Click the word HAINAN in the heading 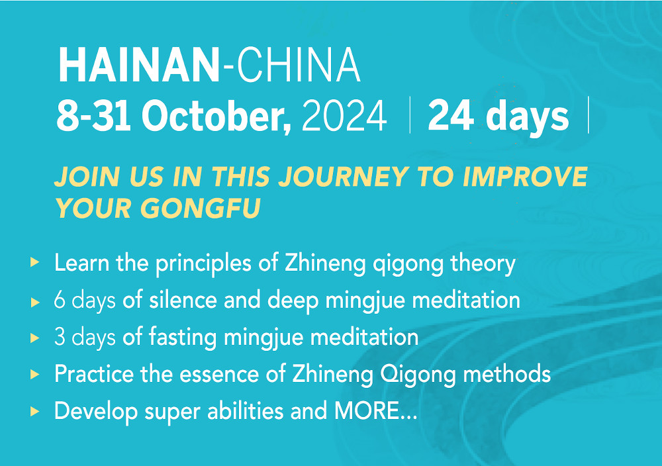[139, 65]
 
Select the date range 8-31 [93, 116]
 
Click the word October [216, 116]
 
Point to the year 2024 [344, 116]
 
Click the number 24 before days [450, 116]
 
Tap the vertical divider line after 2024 [410, 115]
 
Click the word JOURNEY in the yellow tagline [343, 177]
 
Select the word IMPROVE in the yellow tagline [525, 177]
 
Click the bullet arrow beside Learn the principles [35, 262]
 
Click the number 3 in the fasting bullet [60, 338]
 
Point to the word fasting [183, 338]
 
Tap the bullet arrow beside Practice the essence [35, 374]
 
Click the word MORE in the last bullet [367, 410]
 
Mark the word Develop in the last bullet [96, 412]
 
